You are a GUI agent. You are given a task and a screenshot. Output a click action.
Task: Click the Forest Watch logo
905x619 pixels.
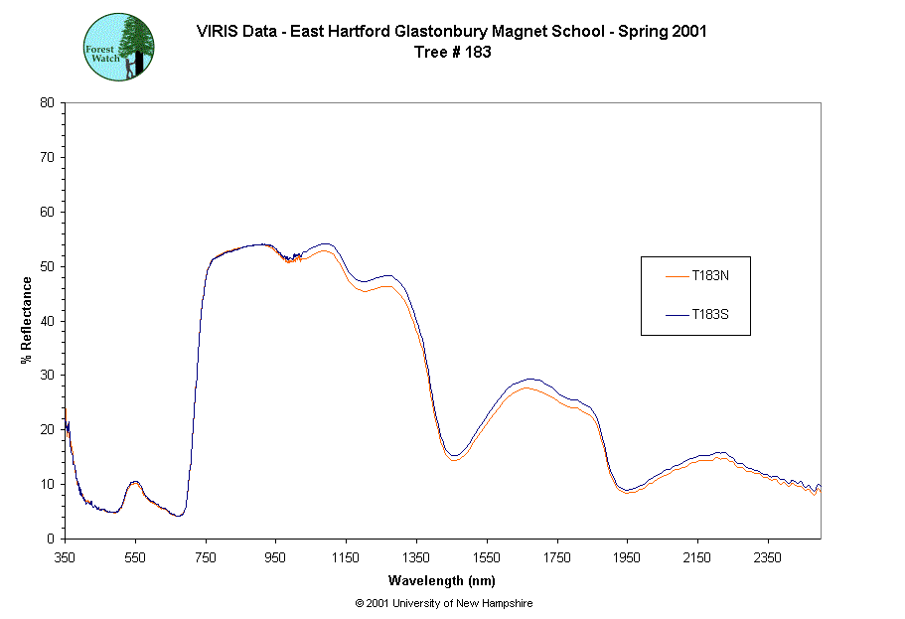(x=118, y=47)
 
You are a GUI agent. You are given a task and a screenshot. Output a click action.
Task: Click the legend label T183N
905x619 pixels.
(x=711, y=275)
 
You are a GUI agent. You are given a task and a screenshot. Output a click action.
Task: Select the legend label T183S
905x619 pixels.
(x=711, y=315)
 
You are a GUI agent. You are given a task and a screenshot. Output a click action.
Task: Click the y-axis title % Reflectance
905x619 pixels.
(x=27, y=320)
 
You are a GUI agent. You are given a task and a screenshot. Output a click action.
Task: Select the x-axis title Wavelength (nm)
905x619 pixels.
(x=442, y=581)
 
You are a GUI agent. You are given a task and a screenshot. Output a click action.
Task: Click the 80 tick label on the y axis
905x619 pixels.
(x=47, y=102)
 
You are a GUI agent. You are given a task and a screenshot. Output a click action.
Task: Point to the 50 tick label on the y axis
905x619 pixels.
(x=47, y=266)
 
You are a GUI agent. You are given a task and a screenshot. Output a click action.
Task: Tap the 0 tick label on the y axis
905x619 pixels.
(x=51, y=539)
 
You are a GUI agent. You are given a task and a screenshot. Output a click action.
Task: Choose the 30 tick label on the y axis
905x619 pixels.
(x=47, y=376)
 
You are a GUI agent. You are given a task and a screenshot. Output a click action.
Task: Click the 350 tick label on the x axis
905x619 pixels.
(x=65, y=557)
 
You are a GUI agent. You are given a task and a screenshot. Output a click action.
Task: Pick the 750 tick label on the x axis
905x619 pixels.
(x=206, y=557)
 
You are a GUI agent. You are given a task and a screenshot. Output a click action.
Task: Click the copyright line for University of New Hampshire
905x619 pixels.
(x=443, y=603)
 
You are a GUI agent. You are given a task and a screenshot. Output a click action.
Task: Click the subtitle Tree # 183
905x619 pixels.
(x=452, y=53)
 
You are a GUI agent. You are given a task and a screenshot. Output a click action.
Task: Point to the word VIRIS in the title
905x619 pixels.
(x=217, y=31)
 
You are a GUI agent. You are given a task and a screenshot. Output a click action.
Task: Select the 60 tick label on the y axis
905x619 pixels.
(x=47, y=212)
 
